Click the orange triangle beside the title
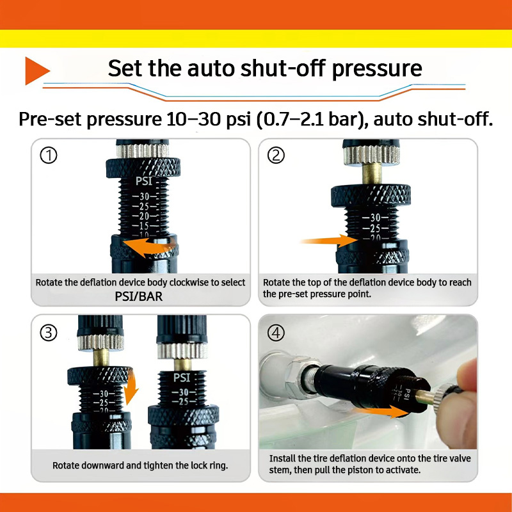35,71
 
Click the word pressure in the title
377,70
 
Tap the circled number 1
49,156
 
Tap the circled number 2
276,156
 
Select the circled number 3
49,333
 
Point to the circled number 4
276,333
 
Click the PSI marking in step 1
144,181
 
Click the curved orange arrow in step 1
148,246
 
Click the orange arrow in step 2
328,241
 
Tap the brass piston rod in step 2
372,174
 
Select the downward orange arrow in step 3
131,388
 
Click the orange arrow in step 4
380,411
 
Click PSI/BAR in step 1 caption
138,296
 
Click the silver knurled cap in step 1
143,151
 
